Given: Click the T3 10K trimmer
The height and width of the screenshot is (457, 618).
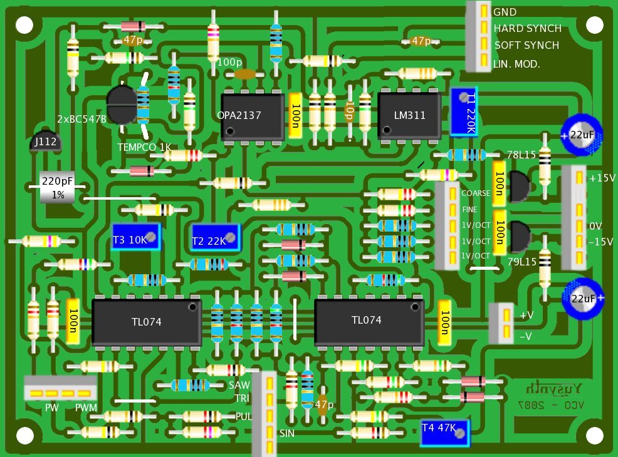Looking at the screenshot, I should coord(137,237).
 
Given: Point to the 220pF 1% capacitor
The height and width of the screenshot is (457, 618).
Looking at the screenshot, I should coord(57,187).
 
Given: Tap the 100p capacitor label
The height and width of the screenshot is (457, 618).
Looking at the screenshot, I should coord(229,63).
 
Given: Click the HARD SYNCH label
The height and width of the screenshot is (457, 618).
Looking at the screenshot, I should coord(527,29).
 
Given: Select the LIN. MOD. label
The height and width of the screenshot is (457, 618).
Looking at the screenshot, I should coord(516,64).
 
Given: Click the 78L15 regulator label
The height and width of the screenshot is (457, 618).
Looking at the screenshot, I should coord(519,155).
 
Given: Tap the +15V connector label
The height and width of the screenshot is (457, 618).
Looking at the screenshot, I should coord(602,178).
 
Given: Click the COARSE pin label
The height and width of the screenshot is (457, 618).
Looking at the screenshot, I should coord(476,193).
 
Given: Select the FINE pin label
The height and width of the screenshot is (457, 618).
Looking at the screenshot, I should coord(470,209).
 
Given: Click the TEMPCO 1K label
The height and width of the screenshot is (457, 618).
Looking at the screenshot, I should coord(144,148).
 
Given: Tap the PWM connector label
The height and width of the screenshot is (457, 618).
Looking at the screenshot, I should coord(86,408).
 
